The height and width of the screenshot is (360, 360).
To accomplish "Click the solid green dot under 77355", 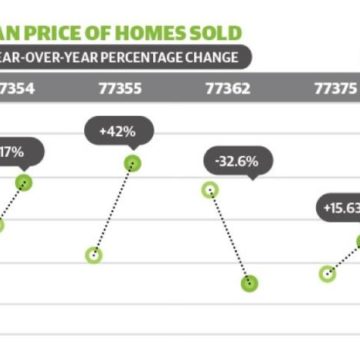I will tap(132, 163).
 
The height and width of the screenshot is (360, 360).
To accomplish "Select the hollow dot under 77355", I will tap(94, 255).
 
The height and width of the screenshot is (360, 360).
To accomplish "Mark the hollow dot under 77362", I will tap(210, 190).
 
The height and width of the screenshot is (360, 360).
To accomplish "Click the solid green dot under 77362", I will tap(248, 283).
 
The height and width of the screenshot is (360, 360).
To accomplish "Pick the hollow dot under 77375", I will tap(326, 273).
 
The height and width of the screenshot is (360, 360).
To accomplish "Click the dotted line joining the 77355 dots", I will tap(113, 209).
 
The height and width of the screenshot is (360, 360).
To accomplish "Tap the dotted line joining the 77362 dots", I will tap(229, 236).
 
